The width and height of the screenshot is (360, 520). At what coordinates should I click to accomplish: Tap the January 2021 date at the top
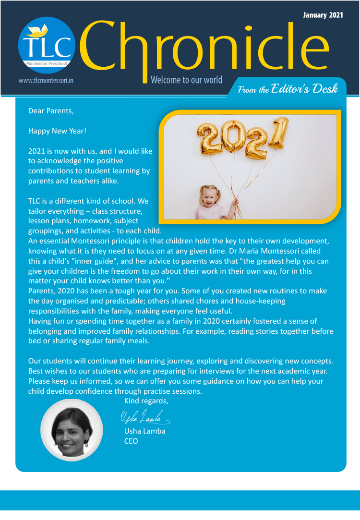323,15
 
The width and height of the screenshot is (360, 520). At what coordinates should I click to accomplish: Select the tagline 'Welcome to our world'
186,80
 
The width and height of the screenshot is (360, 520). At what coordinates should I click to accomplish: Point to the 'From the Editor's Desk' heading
288,89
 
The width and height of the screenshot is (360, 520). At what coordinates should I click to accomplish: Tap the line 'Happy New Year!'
57,131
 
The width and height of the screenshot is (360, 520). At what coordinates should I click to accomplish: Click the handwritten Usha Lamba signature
144,417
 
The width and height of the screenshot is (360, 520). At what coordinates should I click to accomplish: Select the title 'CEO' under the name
131,441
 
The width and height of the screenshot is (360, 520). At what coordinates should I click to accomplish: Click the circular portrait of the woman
72,430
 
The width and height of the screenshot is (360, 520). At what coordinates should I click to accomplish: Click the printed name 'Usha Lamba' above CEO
145,431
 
